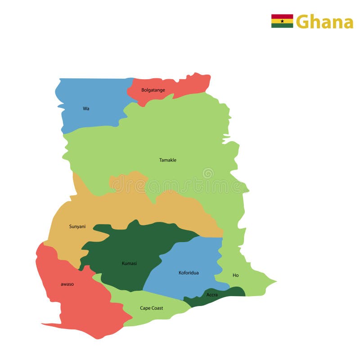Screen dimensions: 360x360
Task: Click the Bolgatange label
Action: [153, 90]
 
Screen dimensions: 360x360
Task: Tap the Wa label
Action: [86, 108]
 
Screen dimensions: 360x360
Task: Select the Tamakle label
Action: [168, 160]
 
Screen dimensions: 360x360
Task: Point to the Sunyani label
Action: [77, 226]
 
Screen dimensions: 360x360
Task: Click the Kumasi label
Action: [129, 263]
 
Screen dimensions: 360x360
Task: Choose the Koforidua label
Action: [189, 273]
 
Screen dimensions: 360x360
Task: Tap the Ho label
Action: [236, 275]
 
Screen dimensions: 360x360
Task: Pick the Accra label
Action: [212, 295]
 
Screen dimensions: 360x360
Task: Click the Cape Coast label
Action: [152, 308]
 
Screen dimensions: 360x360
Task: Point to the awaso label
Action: [67, 284]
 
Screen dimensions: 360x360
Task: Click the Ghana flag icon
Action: [282, 21]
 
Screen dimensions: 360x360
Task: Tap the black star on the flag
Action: [282, 21]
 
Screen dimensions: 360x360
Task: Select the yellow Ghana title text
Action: [324, 22]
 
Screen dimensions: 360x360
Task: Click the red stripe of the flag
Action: [282, 16]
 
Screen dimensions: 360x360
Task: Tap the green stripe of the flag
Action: [282, 26]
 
